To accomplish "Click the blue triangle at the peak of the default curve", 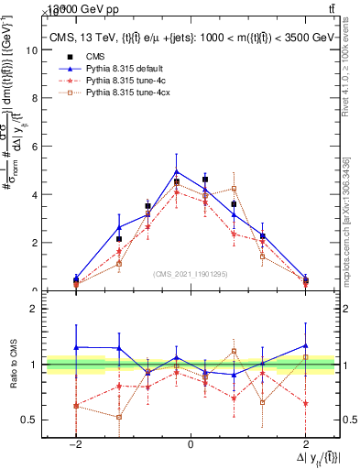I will (176, 171).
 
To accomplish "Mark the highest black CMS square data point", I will (204, 180).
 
